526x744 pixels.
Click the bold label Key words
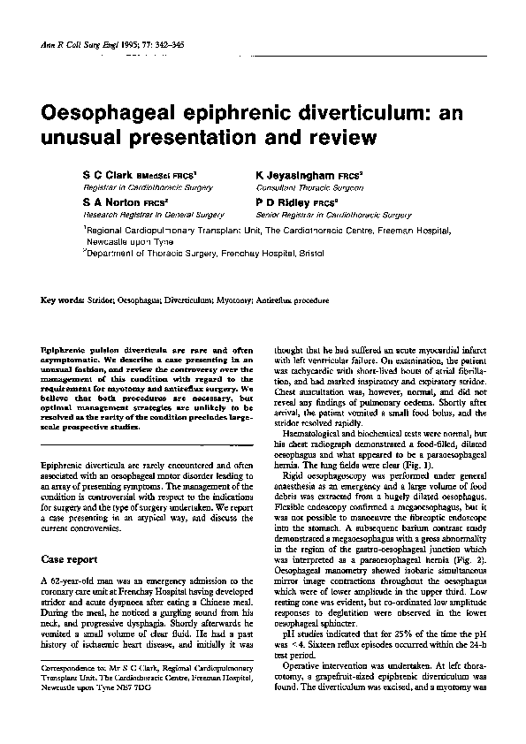(x=63, y=300)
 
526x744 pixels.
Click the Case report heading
(x=73, y=559)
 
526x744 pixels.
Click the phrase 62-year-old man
(x=84, y=579)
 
